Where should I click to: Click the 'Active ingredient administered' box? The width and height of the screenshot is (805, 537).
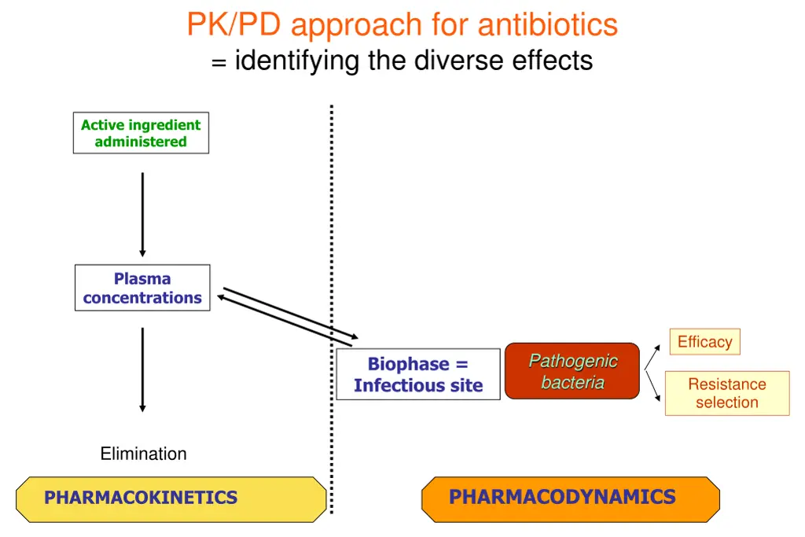(x=141, y=133)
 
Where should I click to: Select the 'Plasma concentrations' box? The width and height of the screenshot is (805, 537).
(x=142, y=288)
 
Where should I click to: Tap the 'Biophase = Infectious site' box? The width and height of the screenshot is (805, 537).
(x=418, y=374)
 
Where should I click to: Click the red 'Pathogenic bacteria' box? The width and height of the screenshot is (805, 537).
(x=572, y=371)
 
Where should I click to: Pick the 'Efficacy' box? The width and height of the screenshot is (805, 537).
(x=704, y=342)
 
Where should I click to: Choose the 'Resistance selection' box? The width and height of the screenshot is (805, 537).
(x=727, y=393)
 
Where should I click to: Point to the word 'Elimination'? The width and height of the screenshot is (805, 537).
(x=144, y=454)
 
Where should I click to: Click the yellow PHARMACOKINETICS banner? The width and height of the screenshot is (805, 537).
(x=171, y=498)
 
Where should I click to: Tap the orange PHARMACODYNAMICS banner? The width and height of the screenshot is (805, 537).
(x=570, y=498)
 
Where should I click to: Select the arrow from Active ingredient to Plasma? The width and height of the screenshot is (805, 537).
(x=142, y=214)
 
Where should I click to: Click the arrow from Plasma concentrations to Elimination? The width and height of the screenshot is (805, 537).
(x=142, y=370)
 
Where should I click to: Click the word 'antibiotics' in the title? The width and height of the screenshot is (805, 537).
(x=548, y=25)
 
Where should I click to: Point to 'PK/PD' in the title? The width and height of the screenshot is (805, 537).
(x=235, y=25)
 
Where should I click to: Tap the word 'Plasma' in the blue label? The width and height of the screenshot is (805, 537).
(x=142, y=278)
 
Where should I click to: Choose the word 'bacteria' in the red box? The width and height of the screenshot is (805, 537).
(x=572, y=383)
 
